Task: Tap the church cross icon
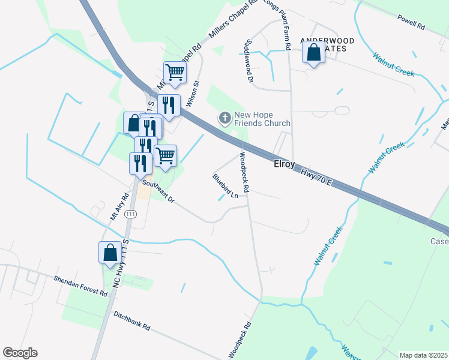225,118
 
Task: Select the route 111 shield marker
131,214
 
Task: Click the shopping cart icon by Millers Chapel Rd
175,73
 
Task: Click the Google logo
20,353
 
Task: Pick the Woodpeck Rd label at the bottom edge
238,340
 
